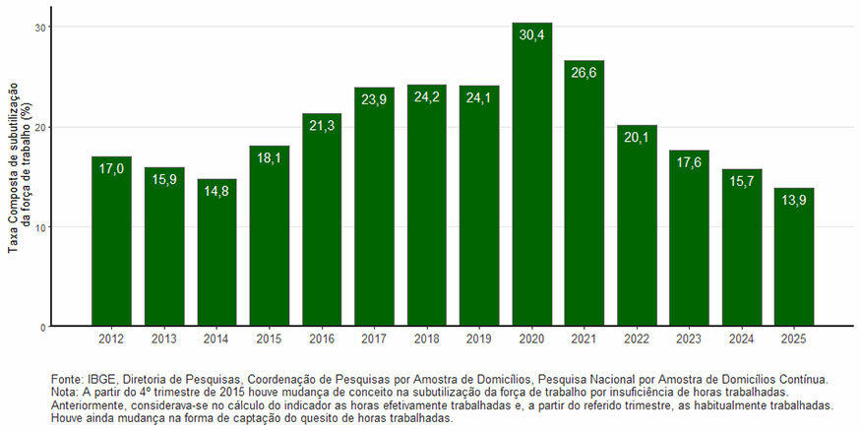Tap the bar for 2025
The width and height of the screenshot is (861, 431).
pyautogui.click(x=793, y=262)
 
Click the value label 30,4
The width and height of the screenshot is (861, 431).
pyautogui.click(x=531, y=35)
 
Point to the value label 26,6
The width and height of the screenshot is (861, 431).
pyautogui.click(x=584, y=74)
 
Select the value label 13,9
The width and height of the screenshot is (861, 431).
pyautogui.click(x=793, y=201)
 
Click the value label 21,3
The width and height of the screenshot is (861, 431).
pyautogui.click(x=322, y=126)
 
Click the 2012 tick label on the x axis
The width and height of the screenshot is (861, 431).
pyautogui.click(x=111, y=339)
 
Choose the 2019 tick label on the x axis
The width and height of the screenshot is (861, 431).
pyautogui.click(x=479, y=339)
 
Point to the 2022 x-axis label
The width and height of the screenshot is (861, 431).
pyautogui.click(x=637, y=339)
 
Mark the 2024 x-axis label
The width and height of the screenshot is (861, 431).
pyautogui.click(x=741, y=339)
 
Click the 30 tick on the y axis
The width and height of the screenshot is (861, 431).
pyautogui.click(x=39, y=28)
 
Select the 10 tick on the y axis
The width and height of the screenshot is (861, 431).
pyautogui.click(x=39, y=227)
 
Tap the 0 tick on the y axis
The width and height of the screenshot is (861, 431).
pyautogui.click(x=42, y=327)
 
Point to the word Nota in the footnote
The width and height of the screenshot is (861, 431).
pyautogui.click(x=63, y=392)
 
